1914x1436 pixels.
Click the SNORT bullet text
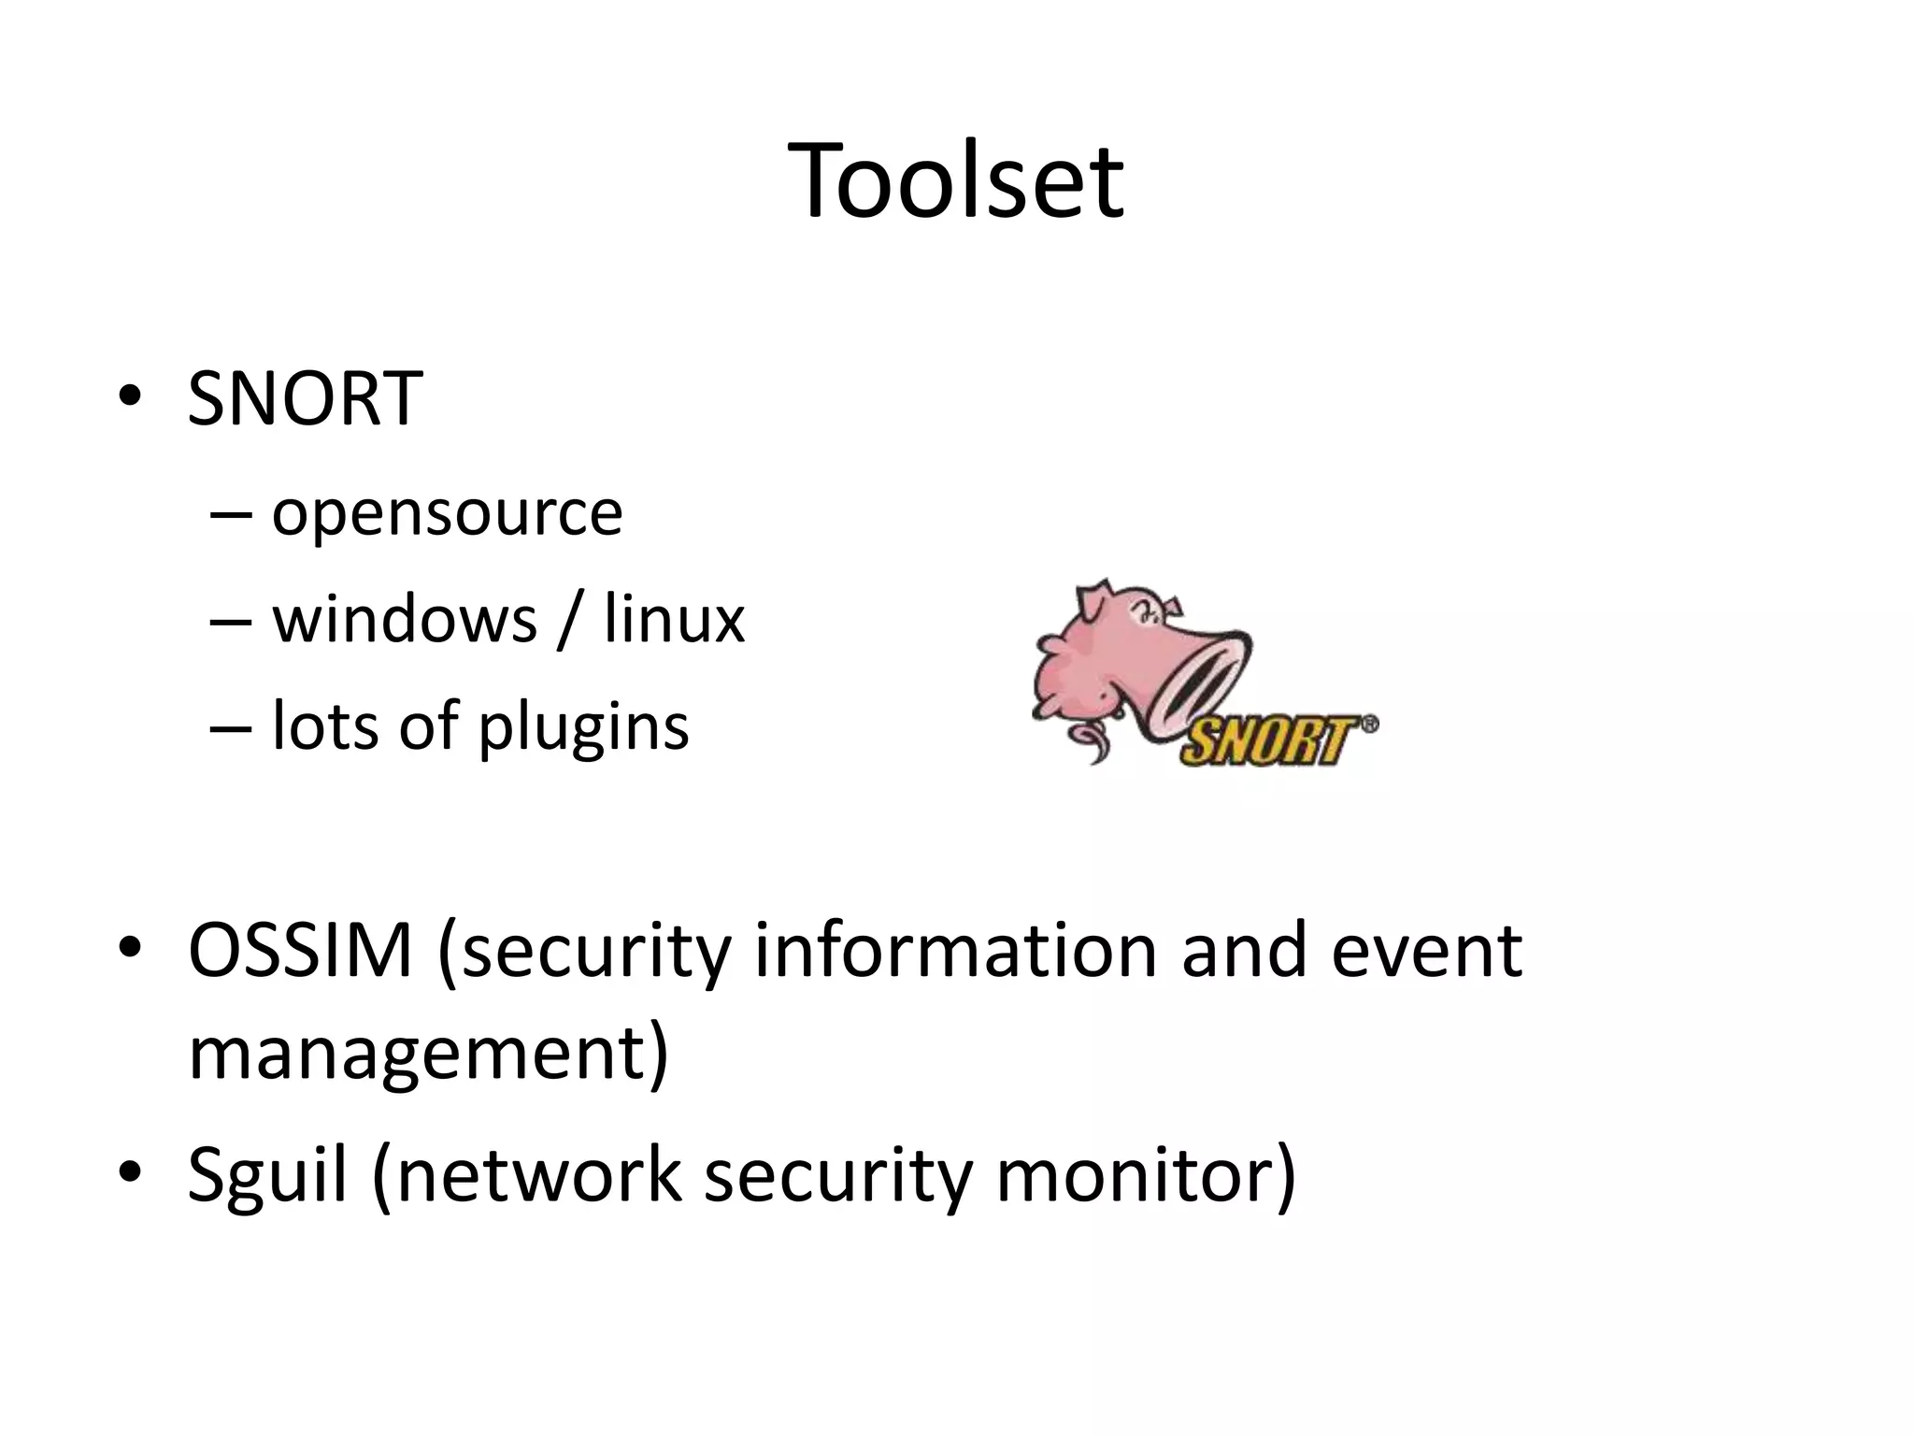[305, 399]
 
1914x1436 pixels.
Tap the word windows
[405, 619]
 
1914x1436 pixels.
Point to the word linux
[674, 619]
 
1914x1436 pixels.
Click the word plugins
[583, 727]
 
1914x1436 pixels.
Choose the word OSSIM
[300, 951]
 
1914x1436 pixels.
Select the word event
[1426, 951]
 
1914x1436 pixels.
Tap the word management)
[428, 1054]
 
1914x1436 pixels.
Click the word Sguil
[267, 1175]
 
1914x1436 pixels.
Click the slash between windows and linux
[567, 619]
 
